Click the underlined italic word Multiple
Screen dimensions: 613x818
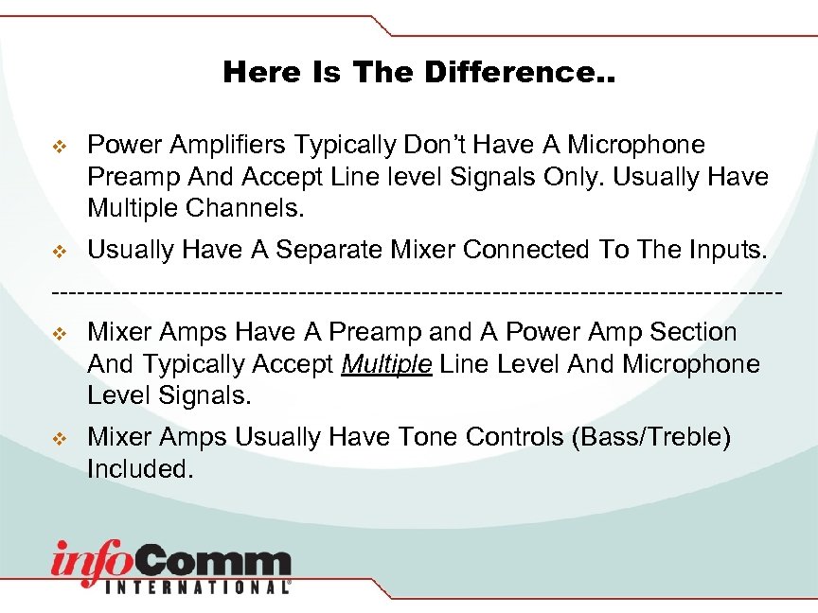coord(387,364)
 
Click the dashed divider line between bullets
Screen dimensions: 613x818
coord(417,289)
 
